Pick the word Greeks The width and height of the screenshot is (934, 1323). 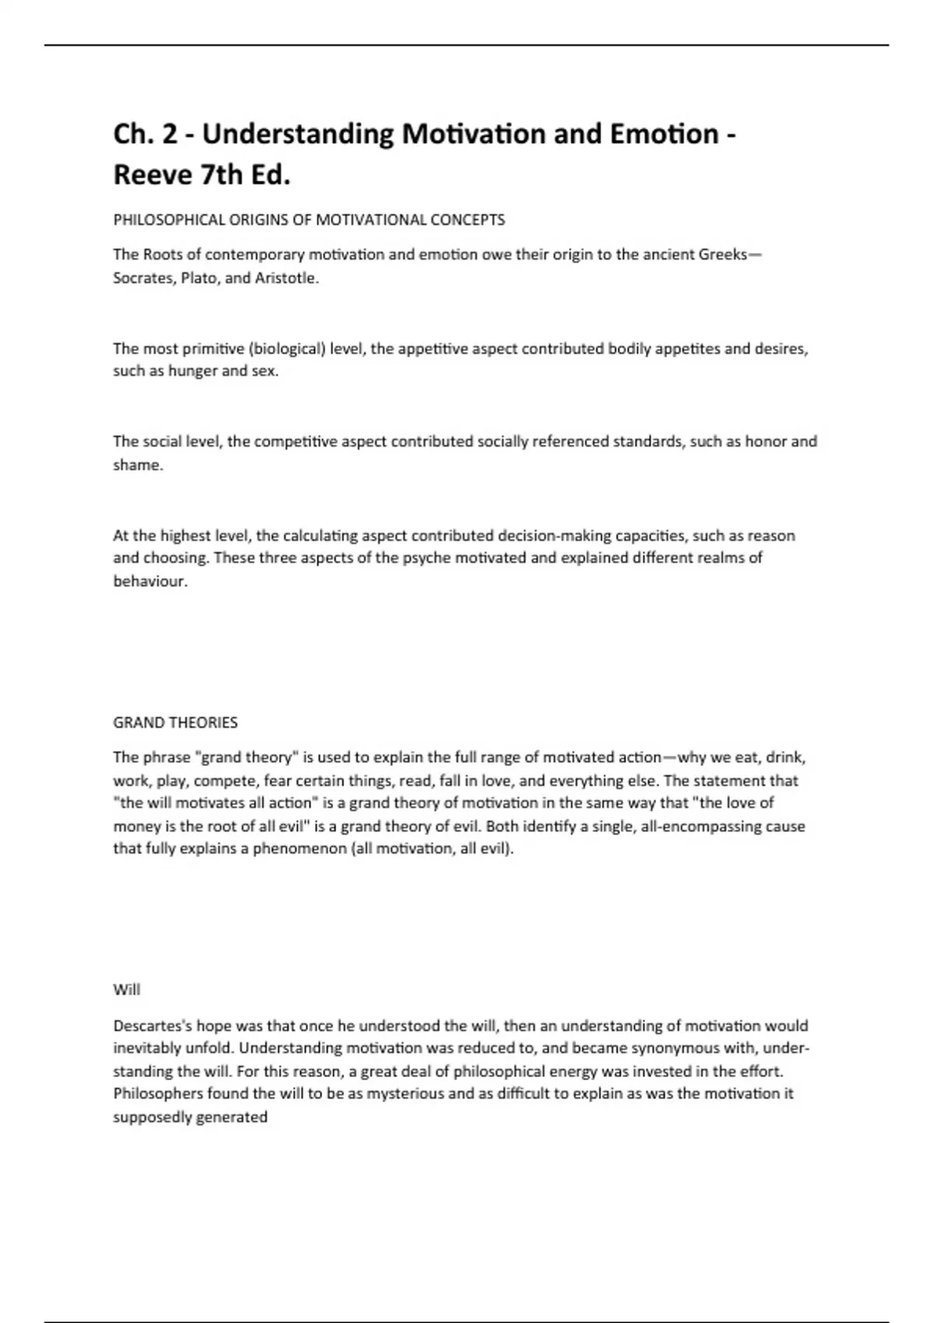722,255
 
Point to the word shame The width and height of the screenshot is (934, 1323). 138,465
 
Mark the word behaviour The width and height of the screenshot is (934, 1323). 150,581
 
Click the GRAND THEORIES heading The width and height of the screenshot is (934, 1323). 175,723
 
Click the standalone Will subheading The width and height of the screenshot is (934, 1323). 126,990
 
